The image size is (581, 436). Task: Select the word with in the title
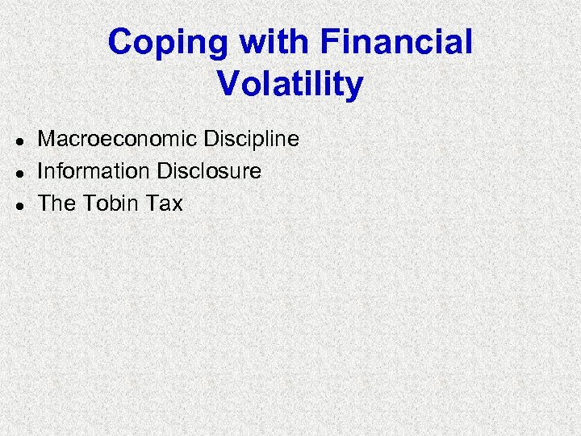(x=265, y=42)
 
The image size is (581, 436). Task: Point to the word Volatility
(x=290, y=84)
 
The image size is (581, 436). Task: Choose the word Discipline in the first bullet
(x=252, y=139)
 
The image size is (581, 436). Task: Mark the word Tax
(x=165, y=203)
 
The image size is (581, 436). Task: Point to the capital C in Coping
(x=120, y=42)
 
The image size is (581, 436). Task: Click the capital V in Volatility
(x=228, y=84)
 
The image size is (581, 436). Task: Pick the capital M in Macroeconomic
(x=47, y=139)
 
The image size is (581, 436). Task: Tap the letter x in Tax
(x=178, y=204)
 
